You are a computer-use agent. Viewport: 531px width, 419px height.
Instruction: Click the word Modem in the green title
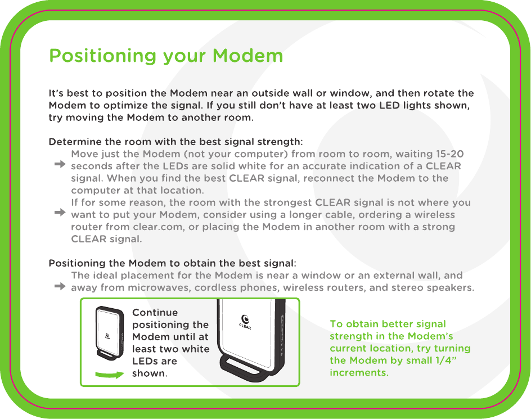(247, 56)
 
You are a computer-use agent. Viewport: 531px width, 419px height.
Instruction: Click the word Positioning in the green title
(103, 56)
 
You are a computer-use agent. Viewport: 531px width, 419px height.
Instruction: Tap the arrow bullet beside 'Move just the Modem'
(60, 164)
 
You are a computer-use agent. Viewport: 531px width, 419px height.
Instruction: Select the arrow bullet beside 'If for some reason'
(60, 213)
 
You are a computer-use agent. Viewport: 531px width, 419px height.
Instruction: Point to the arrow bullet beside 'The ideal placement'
(60, 287)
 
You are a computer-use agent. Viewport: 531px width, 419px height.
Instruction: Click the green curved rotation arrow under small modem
(110, 375)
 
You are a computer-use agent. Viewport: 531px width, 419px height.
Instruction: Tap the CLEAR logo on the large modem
(245, 322)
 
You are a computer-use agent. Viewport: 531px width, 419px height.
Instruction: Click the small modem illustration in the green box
(109, 334)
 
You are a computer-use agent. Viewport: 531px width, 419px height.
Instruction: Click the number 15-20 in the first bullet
(450, 154)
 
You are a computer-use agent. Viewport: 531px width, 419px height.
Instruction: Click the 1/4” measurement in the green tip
(446, 360)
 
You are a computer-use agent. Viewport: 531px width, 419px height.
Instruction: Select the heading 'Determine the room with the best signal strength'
(175, 142)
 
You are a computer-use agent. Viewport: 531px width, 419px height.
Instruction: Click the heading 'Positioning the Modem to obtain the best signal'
(172, 263)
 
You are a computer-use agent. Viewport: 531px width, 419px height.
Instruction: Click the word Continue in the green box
(155, 312)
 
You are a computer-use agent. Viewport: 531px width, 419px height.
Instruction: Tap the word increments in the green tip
(359, 372)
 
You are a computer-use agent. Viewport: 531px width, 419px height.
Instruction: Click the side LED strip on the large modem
(282, 335)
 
